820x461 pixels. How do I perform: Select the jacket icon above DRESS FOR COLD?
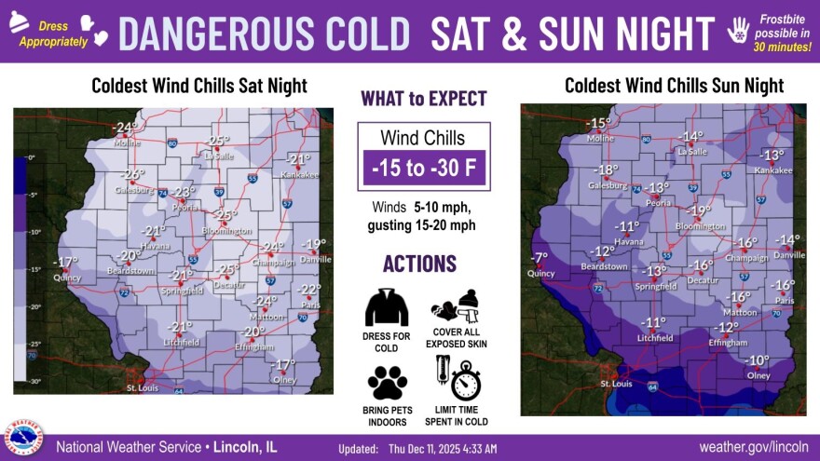tap(387, 307)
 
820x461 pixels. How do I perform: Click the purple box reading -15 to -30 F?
tap(423, 169)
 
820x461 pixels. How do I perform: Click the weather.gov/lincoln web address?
tap(754, 447)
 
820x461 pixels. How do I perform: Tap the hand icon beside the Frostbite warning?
tap(739, 31)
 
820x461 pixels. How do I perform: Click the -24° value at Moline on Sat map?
tap(125, 127)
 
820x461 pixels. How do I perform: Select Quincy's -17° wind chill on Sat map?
tap(65, 262)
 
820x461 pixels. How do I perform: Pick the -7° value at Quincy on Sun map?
tap(539, 258)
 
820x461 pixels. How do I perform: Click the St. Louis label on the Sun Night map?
tap(617, 383)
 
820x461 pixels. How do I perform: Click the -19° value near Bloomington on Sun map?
tap(699, 210)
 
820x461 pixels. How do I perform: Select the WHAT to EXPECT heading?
tap(423, 99)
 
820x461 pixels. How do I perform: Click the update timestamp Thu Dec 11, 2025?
tap(443, 448)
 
